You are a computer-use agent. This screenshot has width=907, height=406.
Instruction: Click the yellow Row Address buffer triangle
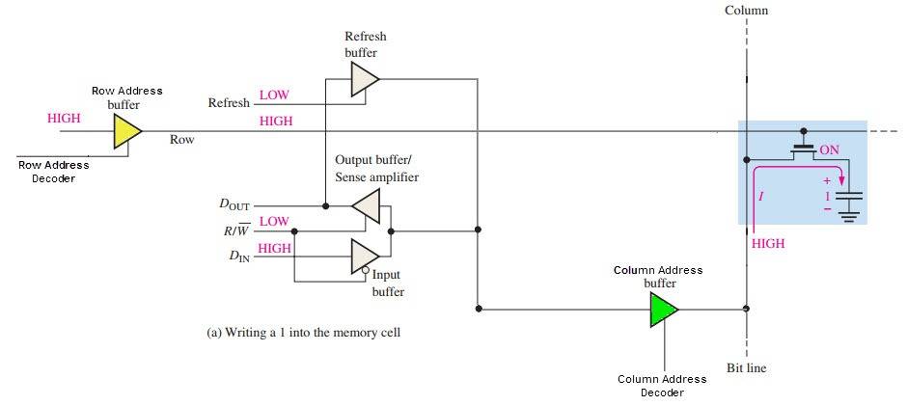(x=126, y=131)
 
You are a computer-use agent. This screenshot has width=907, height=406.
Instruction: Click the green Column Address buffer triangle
(x=663, y=310)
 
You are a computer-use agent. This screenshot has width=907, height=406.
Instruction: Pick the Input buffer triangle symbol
(x=365, y=256)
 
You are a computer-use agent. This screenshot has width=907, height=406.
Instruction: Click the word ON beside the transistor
(x=829, y=151)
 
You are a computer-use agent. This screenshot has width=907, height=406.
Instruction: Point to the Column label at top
(x=746, y=12)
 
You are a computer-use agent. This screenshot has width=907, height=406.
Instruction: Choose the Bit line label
(x=746, y=367)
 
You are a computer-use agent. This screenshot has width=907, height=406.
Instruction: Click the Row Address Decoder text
(x=54, y=171)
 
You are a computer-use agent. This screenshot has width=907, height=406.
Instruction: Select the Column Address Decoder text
(x=661, y=386)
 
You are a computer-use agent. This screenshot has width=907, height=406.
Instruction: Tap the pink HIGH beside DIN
(x=275, y=248)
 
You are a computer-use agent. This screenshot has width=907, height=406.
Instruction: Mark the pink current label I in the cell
(x=762, y=197)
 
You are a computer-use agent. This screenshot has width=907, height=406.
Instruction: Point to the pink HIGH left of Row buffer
(x=64, y=118)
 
